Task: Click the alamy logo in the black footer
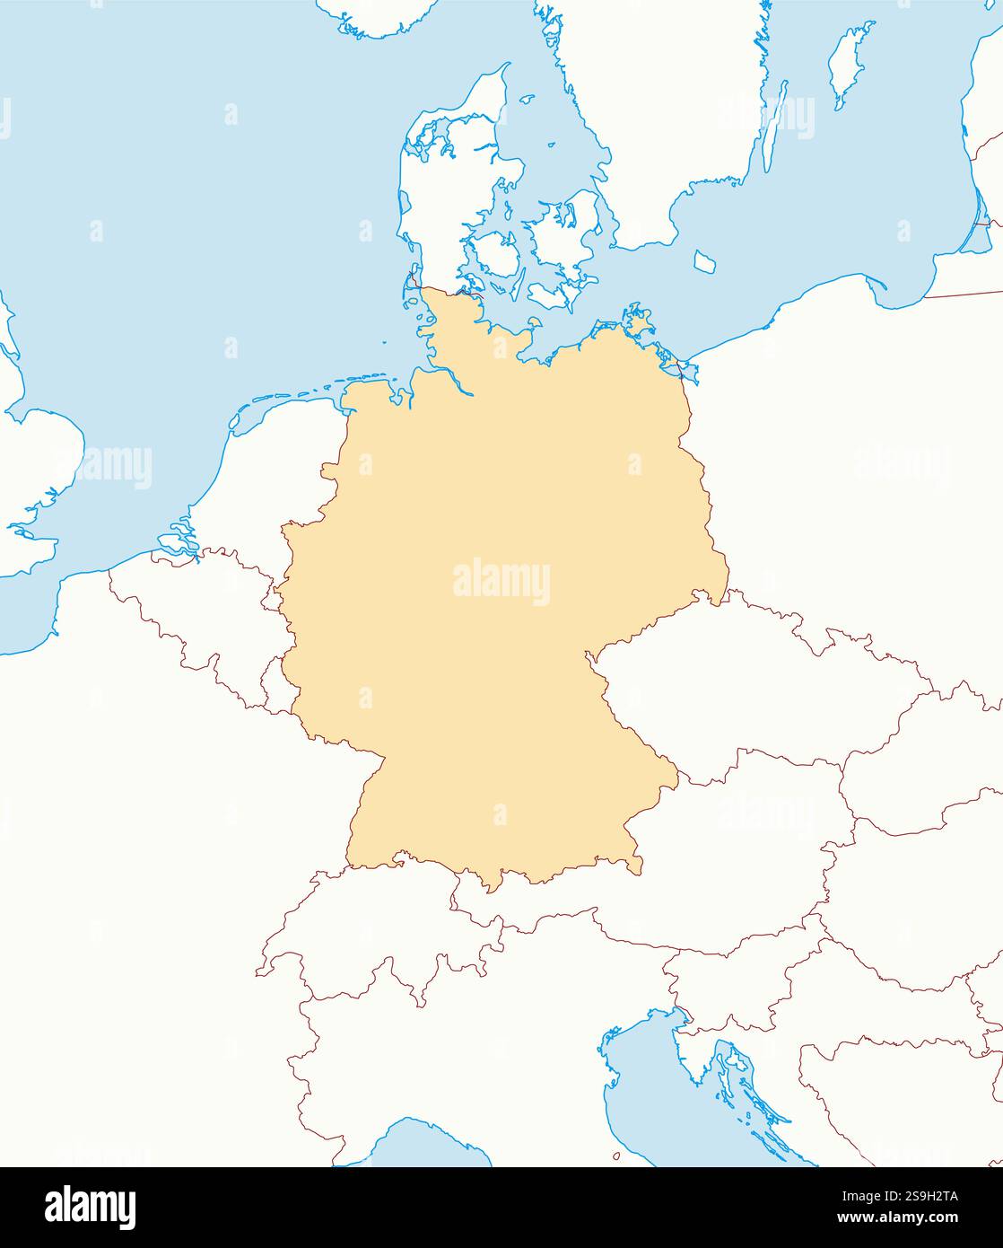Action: [x=91, y=1207]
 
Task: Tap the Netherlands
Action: [x=269, y=485]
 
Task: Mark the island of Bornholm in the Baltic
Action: [x=706, y=261]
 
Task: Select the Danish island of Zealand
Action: [x=565, y=233]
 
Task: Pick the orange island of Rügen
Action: [x=640, y=323]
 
